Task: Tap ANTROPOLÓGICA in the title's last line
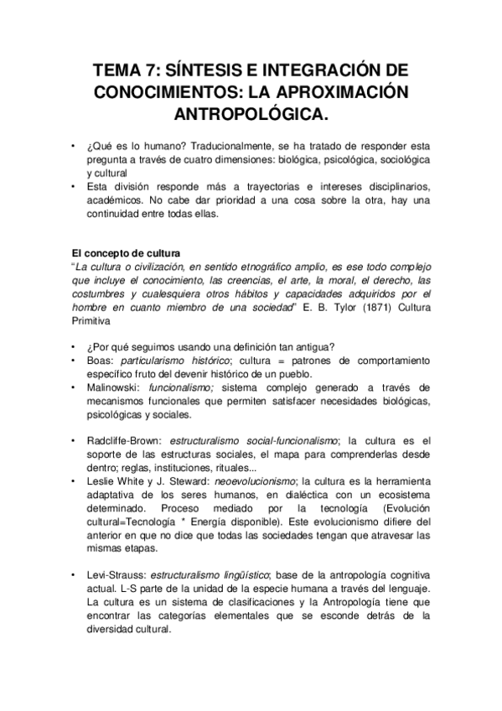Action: (x=251, y=112)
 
